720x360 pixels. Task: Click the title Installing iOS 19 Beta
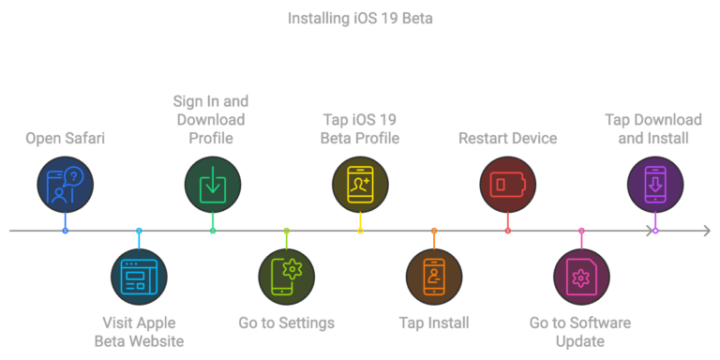(360, 18)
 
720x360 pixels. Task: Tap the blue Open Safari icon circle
(65, 183)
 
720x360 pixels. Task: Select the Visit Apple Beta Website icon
(139, 277)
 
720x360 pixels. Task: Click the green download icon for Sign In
(213, 183)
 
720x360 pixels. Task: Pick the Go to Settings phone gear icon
(287, 277)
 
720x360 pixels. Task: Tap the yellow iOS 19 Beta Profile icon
(360, 183)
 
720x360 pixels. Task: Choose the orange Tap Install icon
(434, 277)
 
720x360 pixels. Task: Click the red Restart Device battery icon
(507, 183)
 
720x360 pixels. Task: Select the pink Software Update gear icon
(581, 277)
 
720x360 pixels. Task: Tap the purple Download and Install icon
(654, 183)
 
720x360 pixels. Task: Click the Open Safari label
(65, 139)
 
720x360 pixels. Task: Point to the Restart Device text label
(507, 139)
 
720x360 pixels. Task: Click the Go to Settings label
(287, 323)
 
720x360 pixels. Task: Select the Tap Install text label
(434, 323)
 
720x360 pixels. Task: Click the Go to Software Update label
(580, 331)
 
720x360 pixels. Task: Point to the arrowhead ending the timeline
(706, 231)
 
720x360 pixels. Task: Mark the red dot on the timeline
(507, 231)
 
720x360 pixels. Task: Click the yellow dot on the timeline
(360, 231)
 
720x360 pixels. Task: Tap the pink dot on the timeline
(581, 231)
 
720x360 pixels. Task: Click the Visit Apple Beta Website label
(139, 331)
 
